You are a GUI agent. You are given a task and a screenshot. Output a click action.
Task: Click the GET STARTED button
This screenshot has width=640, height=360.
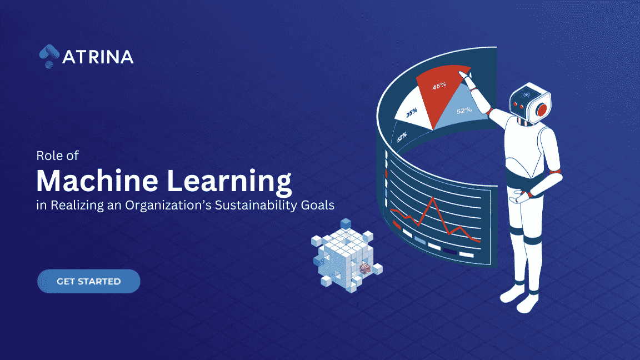pos(88,281)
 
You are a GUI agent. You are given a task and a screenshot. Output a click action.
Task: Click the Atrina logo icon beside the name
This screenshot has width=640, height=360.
pos(49,56)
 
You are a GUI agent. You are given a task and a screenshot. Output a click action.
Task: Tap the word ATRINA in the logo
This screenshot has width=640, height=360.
pos(98,57)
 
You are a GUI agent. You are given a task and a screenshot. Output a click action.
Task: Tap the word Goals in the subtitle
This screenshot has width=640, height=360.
pos(319,205)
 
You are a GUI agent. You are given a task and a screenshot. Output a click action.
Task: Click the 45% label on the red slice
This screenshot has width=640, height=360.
pos(440,86)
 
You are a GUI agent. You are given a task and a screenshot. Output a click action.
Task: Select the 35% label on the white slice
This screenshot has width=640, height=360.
pos(411,113)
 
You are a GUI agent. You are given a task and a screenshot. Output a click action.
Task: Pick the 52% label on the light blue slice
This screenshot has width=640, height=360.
pos(464,110)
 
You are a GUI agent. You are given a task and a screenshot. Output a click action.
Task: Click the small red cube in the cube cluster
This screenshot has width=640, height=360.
pos(365,269)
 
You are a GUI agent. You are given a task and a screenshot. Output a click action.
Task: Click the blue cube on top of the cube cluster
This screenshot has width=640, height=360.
pos(346,224)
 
